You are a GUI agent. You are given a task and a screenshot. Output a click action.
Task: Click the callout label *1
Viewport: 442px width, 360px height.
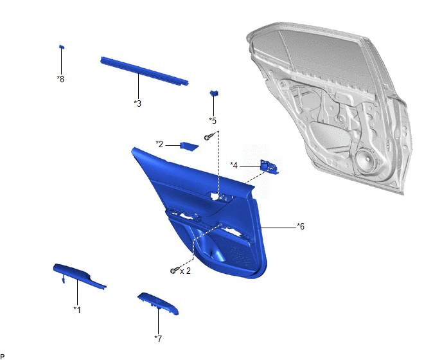pos(77,310)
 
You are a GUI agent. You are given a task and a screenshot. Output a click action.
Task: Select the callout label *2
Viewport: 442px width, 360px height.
pos(159,144)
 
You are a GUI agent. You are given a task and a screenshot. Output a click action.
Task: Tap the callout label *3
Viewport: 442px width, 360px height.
pos(137,104)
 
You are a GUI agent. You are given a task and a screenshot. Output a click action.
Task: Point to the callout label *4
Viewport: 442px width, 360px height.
pos(234,165)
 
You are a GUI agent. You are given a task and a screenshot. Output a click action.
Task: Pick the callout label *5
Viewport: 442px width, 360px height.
pos(213,121)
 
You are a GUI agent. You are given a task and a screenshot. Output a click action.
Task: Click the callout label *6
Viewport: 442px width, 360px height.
pos(301,226)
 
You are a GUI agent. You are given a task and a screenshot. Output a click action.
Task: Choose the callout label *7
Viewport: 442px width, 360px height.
pos(158,339)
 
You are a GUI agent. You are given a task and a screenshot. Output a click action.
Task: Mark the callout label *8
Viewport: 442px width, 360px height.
pos(60,79)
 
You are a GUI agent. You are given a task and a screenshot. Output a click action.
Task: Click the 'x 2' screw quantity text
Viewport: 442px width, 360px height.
pos(185,271)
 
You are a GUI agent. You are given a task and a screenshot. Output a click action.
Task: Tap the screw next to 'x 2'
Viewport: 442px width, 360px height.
pos(175,270)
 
